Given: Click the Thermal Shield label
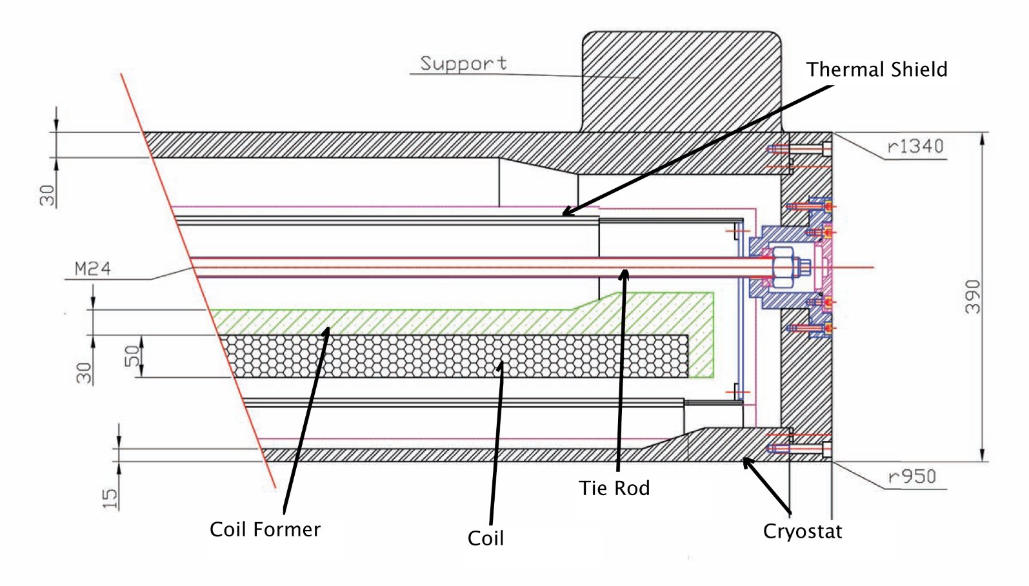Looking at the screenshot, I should tap(876, 70).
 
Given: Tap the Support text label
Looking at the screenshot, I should tap(463, 63).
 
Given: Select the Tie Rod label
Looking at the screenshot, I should tap(614, 488).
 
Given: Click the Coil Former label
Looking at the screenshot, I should tap(265, 529).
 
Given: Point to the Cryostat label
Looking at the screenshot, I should tap(802, 531).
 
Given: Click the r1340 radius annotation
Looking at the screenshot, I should tap(915, 147).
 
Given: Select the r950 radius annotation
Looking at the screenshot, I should tap(911, 477).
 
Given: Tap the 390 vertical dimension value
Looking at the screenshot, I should tap(972, 297).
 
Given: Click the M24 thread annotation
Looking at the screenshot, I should tap(92, 269).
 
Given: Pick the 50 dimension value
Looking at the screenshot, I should tap(132, 356).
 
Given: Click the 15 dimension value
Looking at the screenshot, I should tap(110, 498).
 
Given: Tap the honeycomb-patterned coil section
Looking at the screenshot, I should tap(452, 356).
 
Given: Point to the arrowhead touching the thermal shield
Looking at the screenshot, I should tap(564, 213).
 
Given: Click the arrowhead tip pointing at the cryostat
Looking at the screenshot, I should tap(744, 458).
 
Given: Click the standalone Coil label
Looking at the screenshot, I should tap(485, 538).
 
